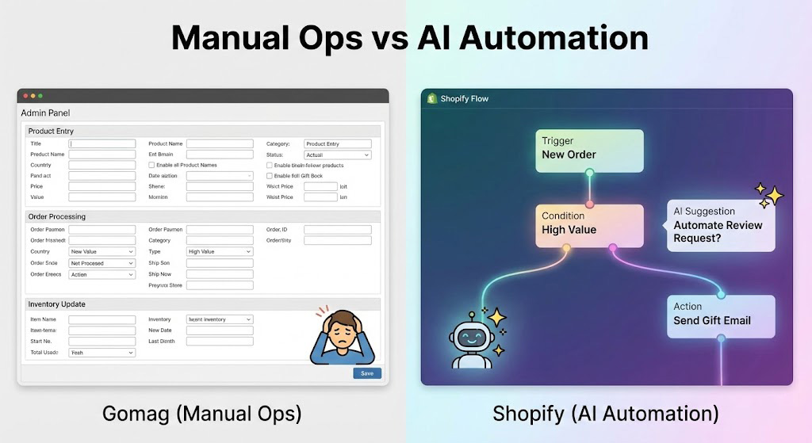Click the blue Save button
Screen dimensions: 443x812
tap(366, 373)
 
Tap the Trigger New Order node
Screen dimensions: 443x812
tap(589, 148)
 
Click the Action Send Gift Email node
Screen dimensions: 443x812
tap(720, 315)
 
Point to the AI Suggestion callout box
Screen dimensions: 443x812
tap(720, 225)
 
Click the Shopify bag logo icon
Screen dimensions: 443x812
tap(432, 98)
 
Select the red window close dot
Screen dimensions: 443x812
tap(25, 96)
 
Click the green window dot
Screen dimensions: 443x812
tap(40, 96)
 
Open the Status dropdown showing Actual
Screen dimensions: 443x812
tap(338, 155)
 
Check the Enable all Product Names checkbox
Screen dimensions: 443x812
tap(151, 165)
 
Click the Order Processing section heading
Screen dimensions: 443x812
tap(56, 216)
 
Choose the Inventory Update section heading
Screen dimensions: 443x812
tap(56, 304)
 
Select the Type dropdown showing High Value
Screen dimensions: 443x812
tap(220, 252)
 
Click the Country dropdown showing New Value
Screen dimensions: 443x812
tap(102, 252)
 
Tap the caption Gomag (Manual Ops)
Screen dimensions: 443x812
tap(201, 414)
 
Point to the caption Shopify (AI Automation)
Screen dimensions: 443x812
tap(606, 414)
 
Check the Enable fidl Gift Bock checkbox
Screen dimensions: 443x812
tap(269, 176)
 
